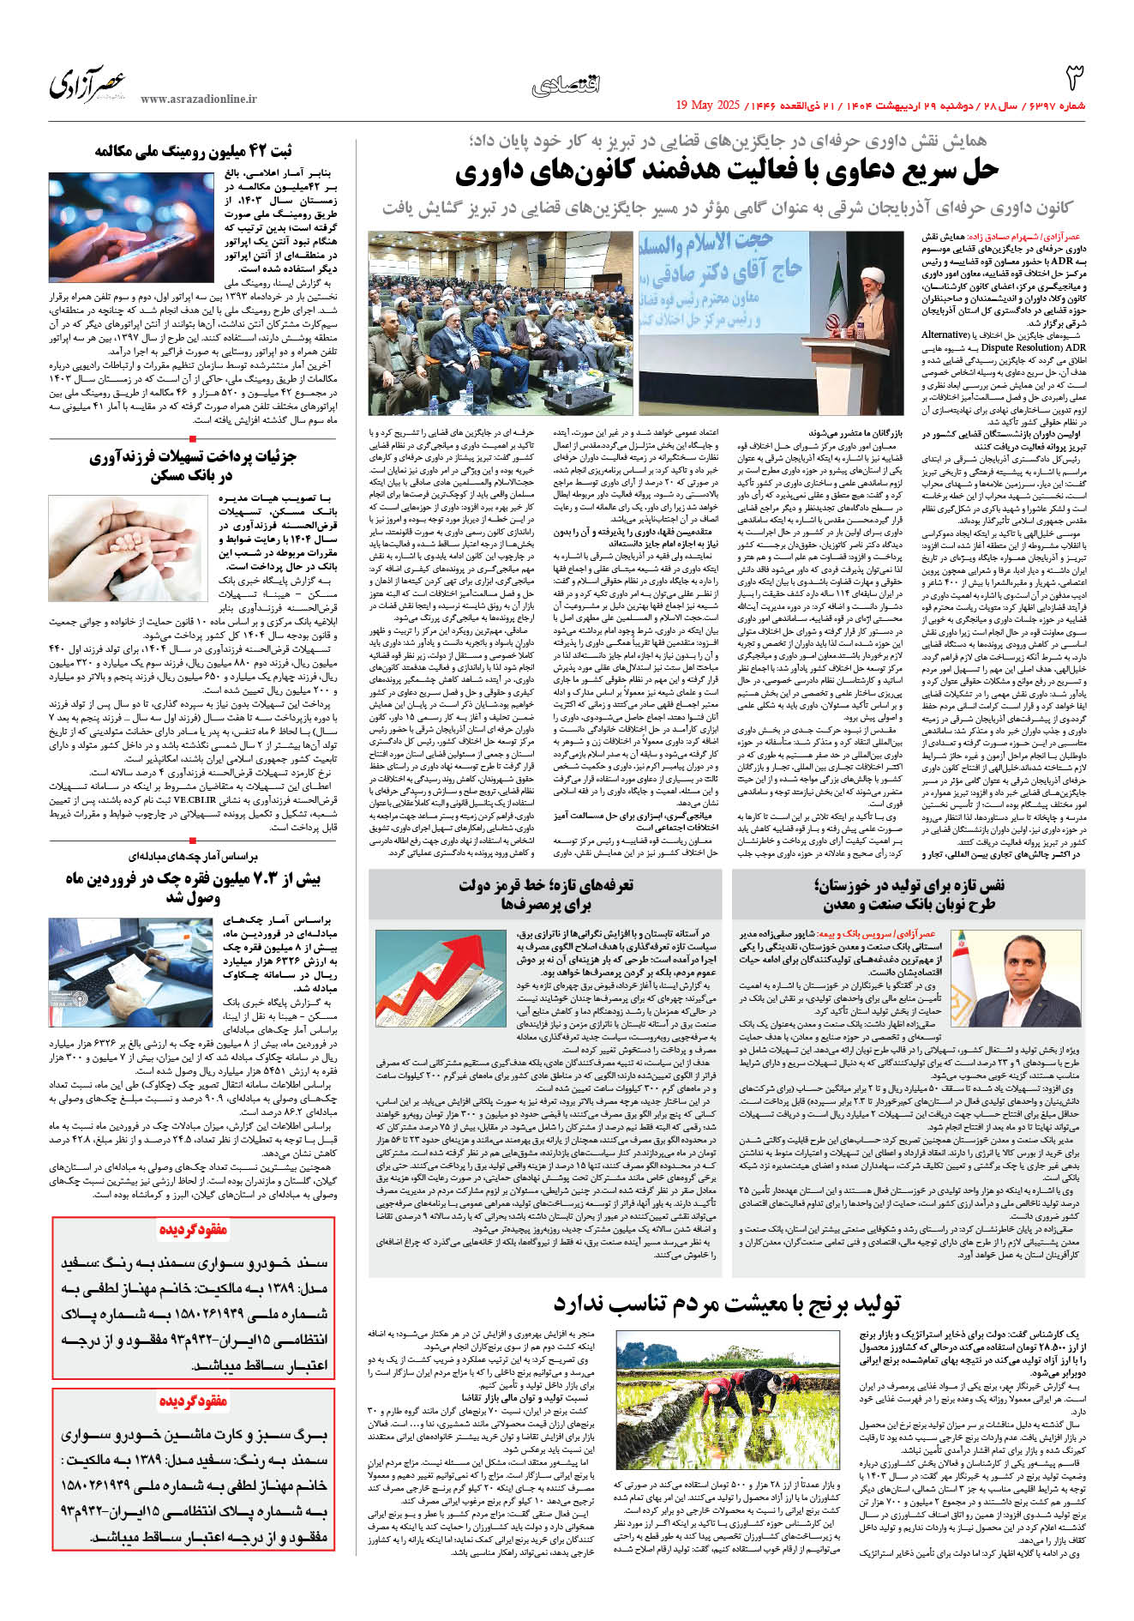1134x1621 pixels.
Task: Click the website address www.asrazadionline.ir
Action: tap(198, 99)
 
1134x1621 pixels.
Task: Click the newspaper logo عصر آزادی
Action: tap(87, 84)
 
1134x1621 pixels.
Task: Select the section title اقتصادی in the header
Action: tap(566, 84)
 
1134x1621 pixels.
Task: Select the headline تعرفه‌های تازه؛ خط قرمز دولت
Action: tap(546, 894)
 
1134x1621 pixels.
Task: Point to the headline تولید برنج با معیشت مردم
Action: tap(726, 1305)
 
